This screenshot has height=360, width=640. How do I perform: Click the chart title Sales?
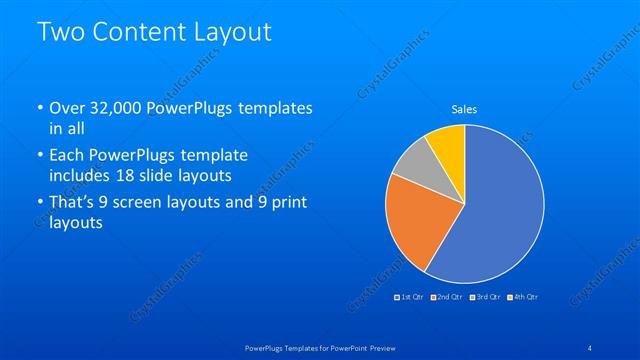tap(464, 109)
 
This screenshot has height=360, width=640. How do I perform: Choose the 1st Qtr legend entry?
tap(411, 297)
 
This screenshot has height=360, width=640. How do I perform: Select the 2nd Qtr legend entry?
tap(447, 297)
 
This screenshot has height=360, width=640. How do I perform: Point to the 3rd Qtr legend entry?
tap(486, 297)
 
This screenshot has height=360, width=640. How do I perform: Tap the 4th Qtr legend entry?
tap(524, 297)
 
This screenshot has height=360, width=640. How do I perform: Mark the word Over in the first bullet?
tap(67, 107)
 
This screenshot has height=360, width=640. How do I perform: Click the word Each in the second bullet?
tap(68, 156)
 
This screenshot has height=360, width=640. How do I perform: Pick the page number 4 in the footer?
tap(590, 347)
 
